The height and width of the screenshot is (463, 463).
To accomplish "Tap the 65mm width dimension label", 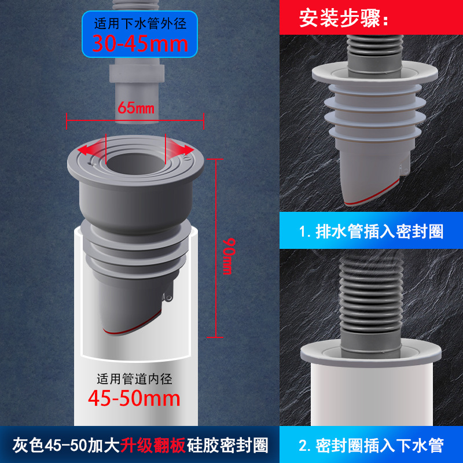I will [135, 108].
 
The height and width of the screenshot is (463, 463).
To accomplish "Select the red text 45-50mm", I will [134, 398].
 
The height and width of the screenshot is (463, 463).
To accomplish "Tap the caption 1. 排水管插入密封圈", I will [371, 232].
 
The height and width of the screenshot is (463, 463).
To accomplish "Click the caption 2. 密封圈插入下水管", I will [371, 446].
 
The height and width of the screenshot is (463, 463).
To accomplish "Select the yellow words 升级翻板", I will [153, 446].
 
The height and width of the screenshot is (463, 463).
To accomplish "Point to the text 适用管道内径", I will [134, 379].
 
